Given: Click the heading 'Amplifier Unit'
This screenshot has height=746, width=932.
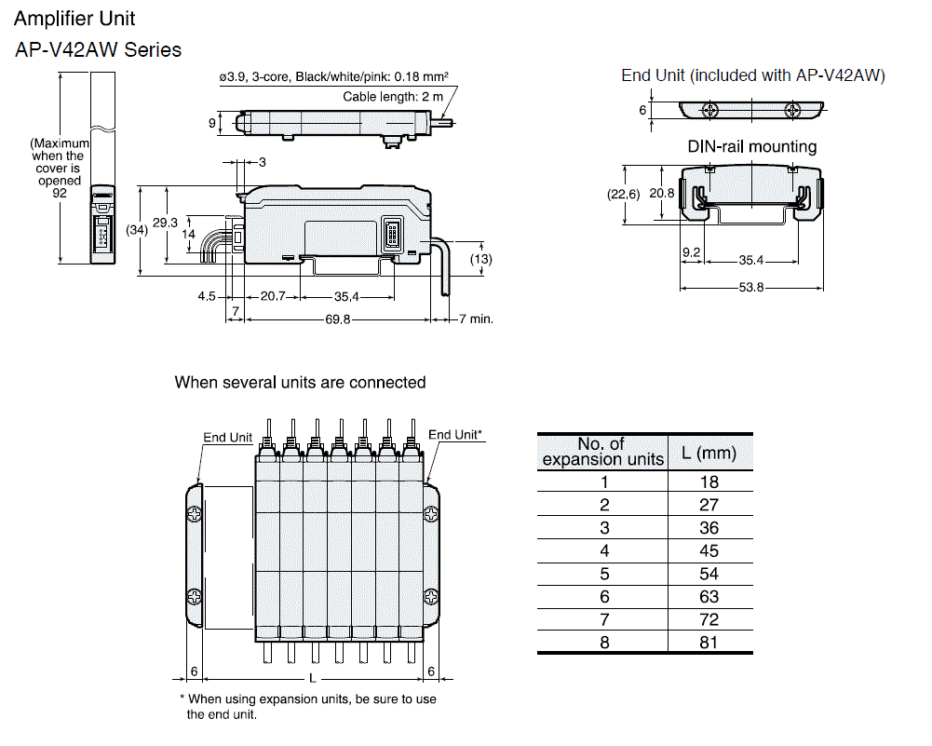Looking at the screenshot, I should tap(74, 19).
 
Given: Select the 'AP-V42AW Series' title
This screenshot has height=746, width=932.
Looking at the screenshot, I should tap(98, 49).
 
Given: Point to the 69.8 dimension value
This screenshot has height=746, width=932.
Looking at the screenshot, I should tap(338, 319).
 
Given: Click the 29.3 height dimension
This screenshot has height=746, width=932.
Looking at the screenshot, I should tap(165, 223).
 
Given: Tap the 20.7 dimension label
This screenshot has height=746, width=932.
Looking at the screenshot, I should tap(273, 297).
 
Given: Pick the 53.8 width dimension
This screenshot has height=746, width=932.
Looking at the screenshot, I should tap(751, 288).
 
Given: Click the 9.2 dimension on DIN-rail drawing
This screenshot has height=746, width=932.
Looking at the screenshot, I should tap(691, 252).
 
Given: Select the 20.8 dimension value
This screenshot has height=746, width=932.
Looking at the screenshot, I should tap(663, 193).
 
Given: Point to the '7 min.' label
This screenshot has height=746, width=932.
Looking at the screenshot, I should tap(476, 319).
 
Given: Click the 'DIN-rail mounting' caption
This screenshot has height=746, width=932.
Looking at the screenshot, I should tap(751, 146).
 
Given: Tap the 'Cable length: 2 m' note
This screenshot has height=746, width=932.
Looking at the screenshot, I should tap(393, 97).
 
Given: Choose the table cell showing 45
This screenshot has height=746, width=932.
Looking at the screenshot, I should tap(709, 550).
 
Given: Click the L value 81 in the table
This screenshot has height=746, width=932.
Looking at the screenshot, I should tap(709, 642).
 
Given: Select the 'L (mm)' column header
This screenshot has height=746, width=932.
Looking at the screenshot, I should tap(709, 454).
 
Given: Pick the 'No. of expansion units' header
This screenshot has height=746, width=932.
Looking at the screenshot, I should tap(602, 452).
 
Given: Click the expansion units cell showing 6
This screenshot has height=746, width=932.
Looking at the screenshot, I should tap(603, 596).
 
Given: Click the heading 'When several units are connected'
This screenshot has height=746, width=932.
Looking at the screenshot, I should tap(300, 382).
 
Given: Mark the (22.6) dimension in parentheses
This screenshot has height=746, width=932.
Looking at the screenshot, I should tap(623, 195).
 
